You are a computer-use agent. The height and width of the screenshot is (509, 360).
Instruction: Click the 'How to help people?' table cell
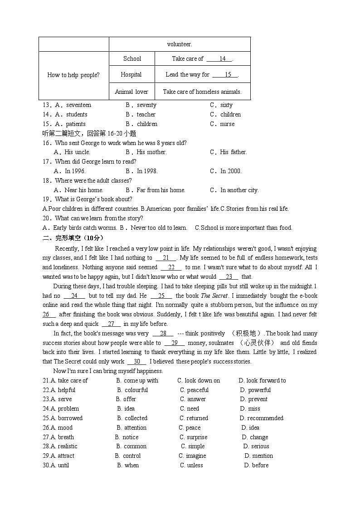point(73,75)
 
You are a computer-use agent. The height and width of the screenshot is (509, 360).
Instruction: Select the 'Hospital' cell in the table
point(131,75)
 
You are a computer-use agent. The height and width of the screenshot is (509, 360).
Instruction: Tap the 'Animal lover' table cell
point(131,92)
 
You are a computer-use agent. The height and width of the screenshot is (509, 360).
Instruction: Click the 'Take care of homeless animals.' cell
point(202,92)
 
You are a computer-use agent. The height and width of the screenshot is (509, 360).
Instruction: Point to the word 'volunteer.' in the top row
point(180,44)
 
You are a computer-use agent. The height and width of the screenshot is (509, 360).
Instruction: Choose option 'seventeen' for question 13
point(78,105)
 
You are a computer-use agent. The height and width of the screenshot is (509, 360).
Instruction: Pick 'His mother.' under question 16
point(151,152)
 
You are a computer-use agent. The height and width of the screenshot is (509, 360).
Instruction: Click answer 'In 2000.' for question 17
point(231,171)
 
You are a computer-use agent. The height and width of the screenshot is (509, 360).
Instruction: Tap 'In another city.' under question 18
point(239,190)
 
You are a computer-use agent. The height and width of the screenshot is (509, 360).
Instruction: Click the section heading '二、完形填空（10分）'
point(73,238)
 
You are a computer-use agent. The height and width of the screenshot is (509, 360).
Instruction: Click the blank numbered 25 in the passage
point(161,296)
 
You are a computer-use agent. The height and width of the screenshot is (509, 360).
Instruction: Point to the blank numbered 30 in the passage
point(136,362)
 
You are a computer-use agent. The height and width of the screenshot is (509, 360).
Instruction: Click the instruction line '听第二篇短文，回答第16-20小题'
point(89,134)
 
